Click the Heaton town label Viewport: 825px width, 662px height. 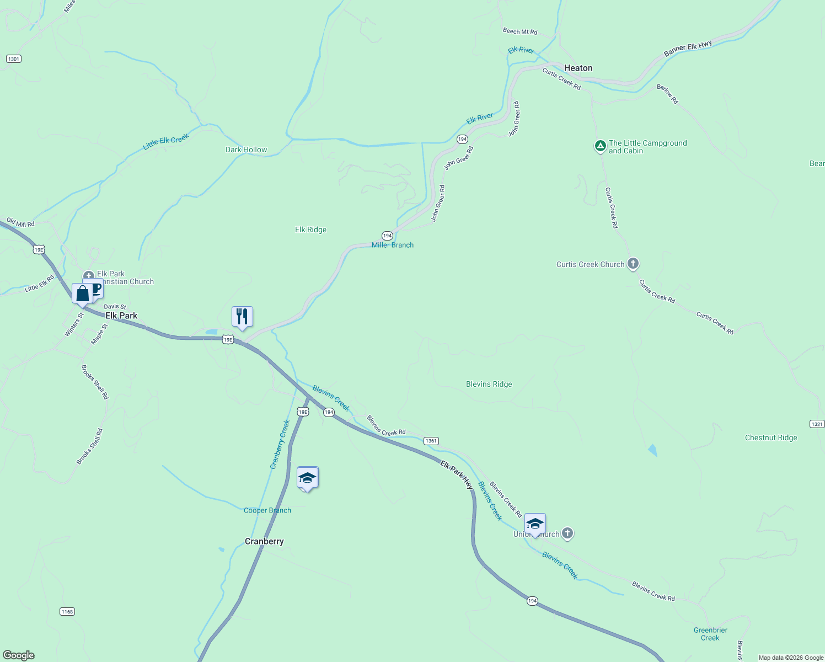(x=578, y=68)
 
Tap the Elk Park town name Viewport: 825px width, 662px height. (x=121, y=316)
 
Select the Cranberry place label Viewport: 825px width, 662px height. (x=264, y=541)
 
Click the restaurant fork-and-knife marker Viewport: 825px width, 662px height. (x=242, y=317)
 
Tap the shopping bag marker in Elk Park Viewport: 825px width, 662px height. (x=82, y=293)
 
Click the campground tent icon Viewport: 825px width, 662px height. (x=600, y=146)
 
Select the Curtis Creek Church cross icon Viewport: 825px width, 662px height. (x=633, y=264)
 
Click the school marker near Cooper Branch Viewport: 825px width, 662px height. (x=307, y=478)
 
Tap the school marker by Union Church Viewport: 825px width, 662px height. (x=535, y=524)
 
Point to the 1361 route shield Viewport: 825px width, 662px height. (x=431, y=441)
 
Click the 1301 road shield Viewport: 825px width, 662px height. (x=14, y=58)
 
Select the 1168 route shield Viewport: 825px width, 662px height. (x=67, y=611)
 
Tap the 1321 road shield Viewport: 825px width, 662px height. (x=817, y=424)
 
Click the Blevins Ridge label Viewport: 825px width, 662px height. (x=489, y=384)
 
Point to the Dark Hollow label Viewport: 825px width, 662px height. (x=246, y=150)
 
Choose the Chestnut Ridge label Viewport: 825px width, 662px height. (x=771, y=437)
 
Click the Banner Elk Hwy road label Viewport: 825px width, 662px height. (x=688, y=49)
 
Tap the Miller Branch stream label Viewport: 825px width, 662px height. (x=392, y=245)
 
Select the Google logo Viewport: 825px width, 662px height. (x=19, y=655)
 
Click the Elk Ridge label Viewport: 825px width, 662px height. (x=310, y=229)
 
